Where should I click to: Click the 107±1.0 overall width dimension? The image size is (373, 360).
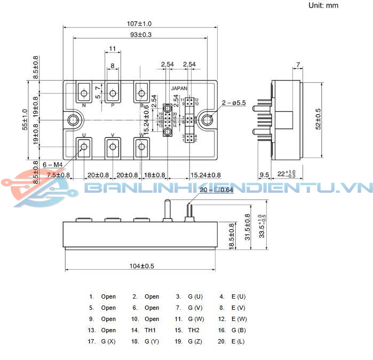[140, 24]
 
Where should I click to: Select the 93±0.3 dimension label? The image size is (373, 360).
[140, 35]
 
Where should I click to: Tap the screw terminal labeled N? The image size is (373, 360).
[84, 94]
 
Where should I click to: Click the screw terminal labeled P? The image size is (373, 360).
[113, 94]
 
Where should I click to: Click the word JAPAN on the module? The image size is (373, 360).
[179, 89]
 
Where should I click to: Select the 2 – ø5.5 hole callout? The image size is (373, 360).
[234, 103]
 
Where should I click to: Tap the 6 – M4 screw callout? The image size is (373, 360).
[52, 165]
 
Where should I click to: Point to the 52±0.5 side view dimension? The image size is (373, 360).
[319, 119]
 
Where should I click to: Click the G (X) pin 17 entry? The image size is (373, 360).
[108, 341]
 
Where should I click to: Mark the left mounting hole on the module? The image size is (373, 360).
[72, 120]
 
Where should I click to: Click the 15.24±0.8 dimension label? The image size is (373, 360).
[205, 175]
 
